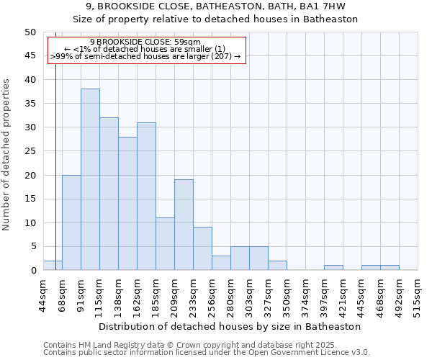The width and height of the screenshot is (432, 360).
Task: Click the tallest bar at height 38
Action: coord(90,180)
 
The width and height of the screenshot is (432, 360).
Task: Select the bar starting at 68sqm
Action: coord(71,222)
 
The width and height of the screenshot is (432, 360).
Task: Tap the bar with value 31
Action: coord(146,197)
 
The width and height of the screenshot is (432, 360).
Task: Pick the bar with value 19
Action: coord(184,225)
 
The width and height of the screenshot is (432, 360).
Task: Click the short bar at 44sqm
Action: coord(53,266)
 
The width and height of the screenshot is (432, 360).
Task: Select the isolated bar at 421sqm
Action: coord(333,268)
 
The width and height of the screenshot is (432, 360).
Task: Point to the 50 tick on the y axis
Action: coord(30,32)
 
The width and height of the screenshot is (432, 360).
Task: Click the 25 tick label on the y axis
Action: coord(30,151)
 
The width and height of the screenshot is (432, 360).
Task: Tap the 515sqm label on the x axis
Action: coord(418,296)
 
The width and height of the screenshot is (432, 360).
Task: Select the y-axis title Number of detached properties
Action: coord(7,155)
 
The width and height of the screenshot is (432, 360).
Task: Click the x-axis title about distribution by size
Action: coord(229,326)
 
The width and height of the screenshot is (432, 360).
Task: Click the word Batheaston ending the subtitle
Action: coord(333,19)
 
